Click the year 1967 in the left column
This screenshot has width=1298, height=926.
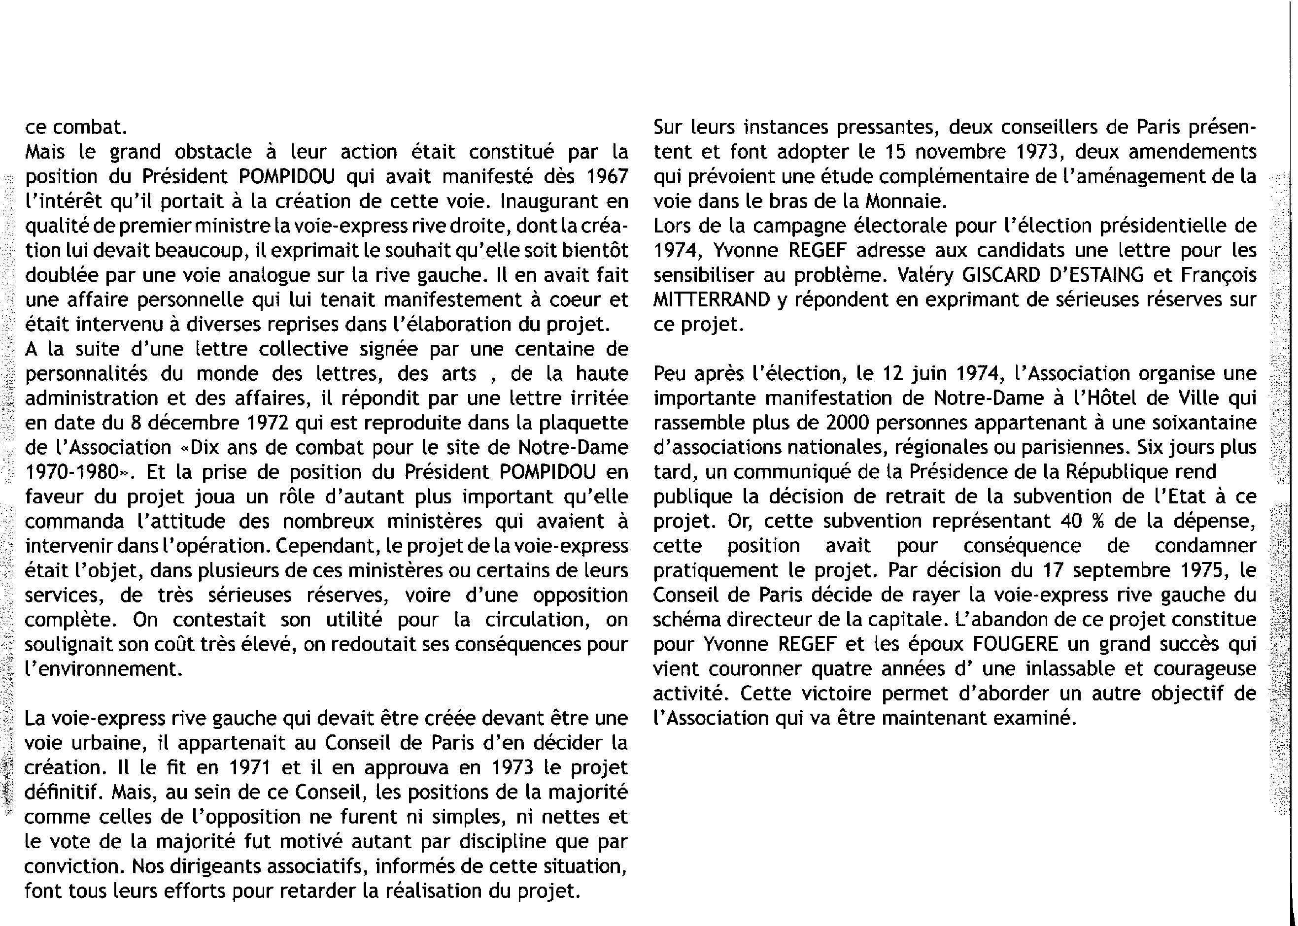tap(607, 177)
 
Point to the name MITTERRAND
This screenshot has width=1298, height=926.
tap(711, 300)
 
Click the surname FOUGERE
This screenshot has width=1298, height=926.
tap(1015, 644)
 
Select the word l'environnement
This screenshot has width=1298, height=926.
tap(103, 669)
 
